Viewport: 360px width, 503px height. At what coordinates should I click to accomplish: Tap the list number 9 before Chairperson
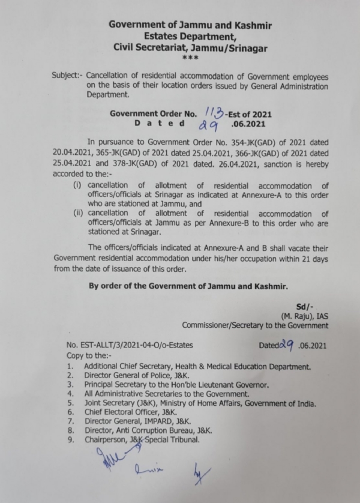[71, 439]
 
